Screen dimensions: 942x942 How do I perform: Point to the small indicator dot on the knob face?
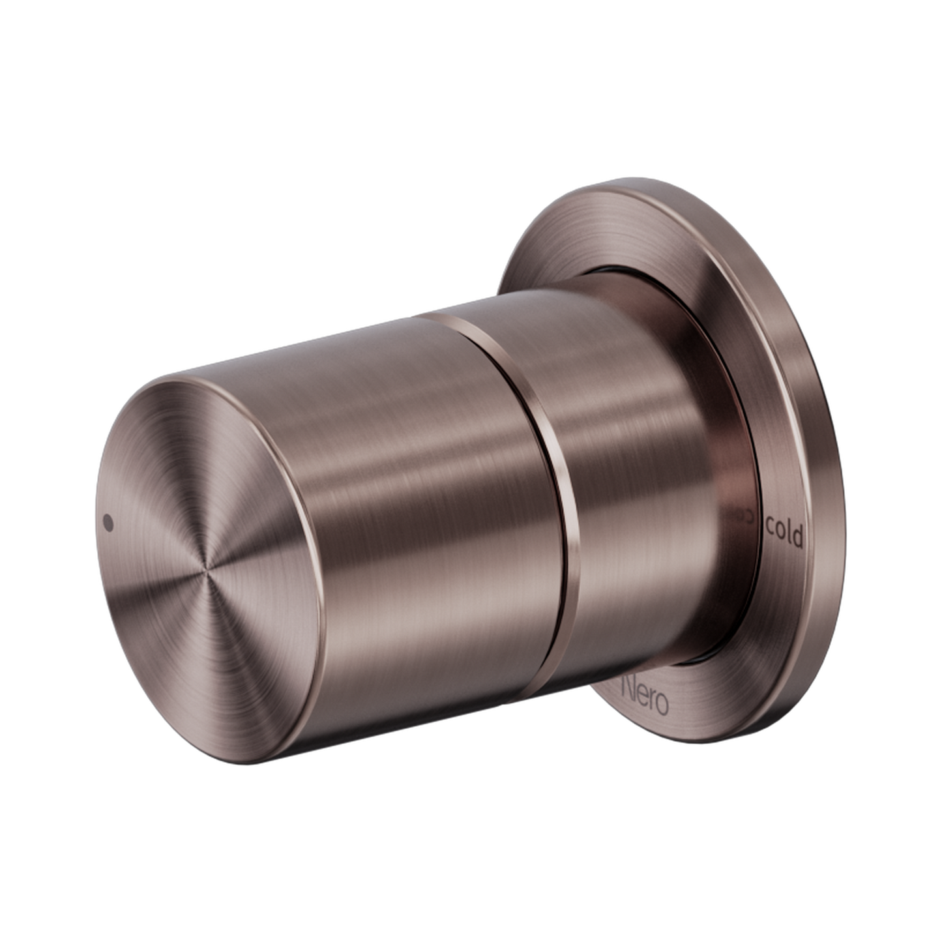[108, 522]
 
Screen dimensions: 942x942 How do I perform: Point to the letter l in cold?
[790, 531]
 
